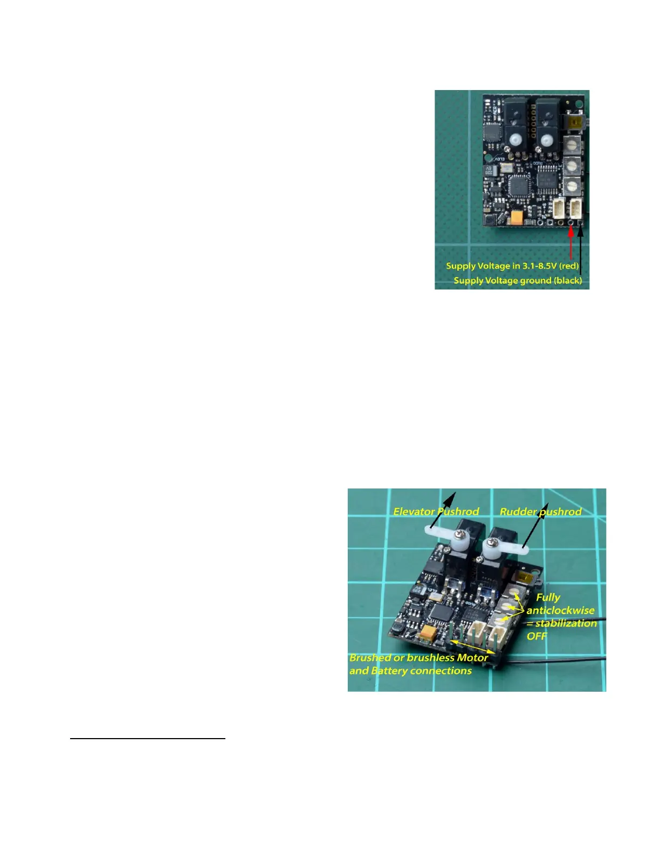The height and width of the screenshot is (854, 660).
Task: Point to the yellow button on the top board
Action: coord(572,122)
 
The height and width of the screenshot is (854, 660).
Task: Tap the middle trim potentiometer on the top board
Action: coord(572,164)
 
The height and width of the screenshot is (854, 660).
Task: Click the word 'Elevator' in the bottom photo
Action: coord(414,512)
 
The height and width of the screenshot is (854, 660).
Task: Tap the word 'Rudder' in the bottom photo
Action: coord(518,512)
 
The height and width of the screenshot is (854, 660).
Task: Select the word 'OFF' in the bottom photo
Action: coord(537,636)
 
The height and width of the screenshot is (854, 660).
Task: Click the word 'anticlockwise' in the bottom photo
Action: coord(560,610)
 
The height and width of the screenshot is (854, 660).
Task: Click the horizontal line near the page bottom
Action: coord(147,739)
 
